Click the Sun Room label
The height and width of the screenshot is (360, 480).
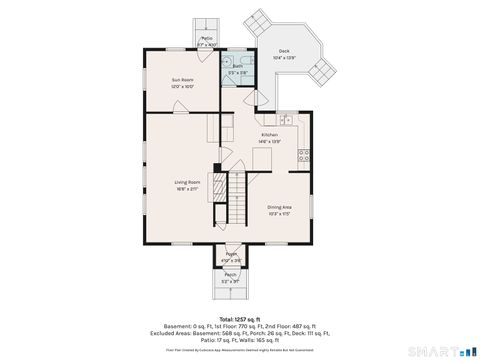[x=181, y=80]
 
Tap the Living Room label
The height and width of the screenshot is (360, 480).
[x=188, y=181]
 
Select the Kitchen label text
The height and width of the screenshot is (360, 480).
[x=270, y=135]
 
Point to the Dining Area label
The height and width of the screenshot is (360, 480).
[x=280, y=207]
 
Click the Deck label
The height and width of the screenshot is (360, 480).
[x=284, y=51]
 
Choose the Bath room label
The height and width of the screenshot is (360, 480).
[x=236, y=66]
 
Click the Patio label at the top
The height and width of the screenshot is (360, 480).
[x=206, y=38]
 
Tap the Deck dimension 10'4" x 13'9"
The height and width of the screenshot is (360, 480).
[x=284, y=58]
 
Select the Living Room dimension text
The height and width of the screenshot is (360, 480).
[x=188, y=188]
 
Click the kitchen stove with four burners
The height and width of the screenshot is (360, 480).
[x=303, y=155]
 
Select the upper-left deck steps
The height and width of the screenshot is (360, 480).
[x=259, y=19]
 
